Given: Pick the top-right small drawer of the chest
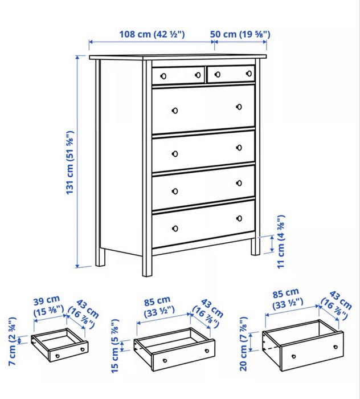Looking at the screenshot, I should point(230,74).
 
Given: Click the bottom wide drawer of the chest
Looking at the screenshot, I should point(203,223).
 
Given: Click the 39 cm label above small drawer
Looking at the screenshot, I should point(46,305).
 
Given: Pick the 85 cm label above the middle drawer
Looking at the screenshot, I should point(156,305).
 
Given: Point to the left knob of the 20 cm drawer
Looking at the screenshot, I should point(293,356).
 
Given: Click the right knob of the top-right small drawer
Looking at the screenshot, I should point(249,72).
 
